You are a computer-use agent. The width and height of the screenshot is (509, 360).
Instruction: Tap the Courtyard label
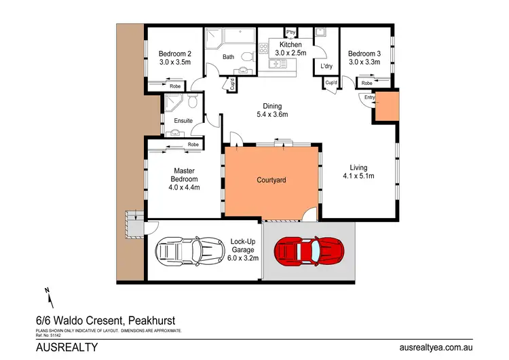271,181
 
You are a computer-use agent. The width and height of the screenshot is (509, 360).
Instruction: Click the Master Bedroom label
185,175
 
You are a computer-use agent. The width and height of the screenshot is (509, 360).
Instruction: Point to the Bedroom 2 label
175,54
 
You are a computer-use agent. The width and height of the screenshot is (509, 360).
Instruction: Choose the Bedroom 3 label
364,54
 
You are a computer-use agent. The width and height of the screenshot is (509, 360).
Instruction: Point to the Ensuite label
183,121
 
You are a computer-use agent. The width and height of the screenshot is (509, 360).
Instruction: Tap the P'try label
290,33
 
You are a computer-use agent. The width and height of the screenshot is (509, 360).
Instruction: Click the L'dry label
325,66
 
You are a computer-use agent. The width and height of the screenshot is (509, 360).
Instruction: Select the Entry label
369,98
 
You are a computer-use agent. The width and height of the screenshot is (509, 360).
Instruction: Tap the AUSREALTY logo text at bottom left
67,347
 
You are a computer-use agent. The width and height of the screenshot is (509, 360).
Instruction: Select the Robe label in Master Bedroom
193,145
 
